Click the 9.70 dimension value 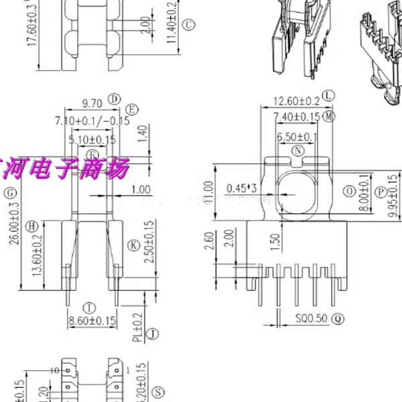click(x=92, y=103)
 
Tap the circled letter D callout click(x=115, y=99)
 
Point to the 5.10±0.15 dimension click(x=93, y=140)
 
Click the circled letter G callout click(x=9, y=193)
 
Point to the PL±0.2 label click(x=137, y=330)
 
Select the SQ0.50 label click(x=311, y=318)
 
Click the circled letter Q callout click(x=338, y=318)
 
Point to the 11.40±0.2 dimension click(x=172, y=27)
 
